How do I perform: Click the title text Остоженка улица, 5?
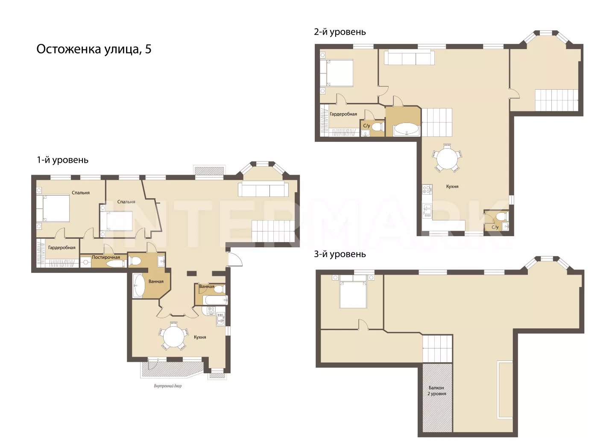[94, 50]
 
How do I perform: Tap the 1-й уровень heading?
[63, 160]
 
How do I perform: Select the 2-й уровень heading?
[340, 32]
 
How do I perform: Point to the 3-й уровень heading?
[340, 254]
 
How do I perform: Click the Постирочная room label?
[106, 257]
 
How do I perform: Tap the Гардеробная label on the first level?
[62, 248]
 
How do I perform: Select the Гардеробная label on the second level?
[343, 114]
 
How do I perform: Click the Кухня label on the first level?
[200, 337]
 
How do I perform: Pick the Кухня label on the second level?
[452, 186]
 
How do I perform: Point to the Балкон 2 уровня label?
[436, 391]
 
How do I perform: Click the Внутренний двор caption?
[168, 386]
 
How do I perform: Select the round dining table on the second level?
[447, 158]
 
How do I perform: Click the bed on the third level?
[353, 292]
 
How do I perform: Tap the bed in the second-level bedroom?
[337, 73]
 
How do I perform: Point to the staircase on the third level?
[437, 348]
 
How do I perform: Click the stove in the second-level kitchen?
[427, 189]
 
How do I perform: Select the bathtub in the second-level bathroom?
[406, 129]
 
